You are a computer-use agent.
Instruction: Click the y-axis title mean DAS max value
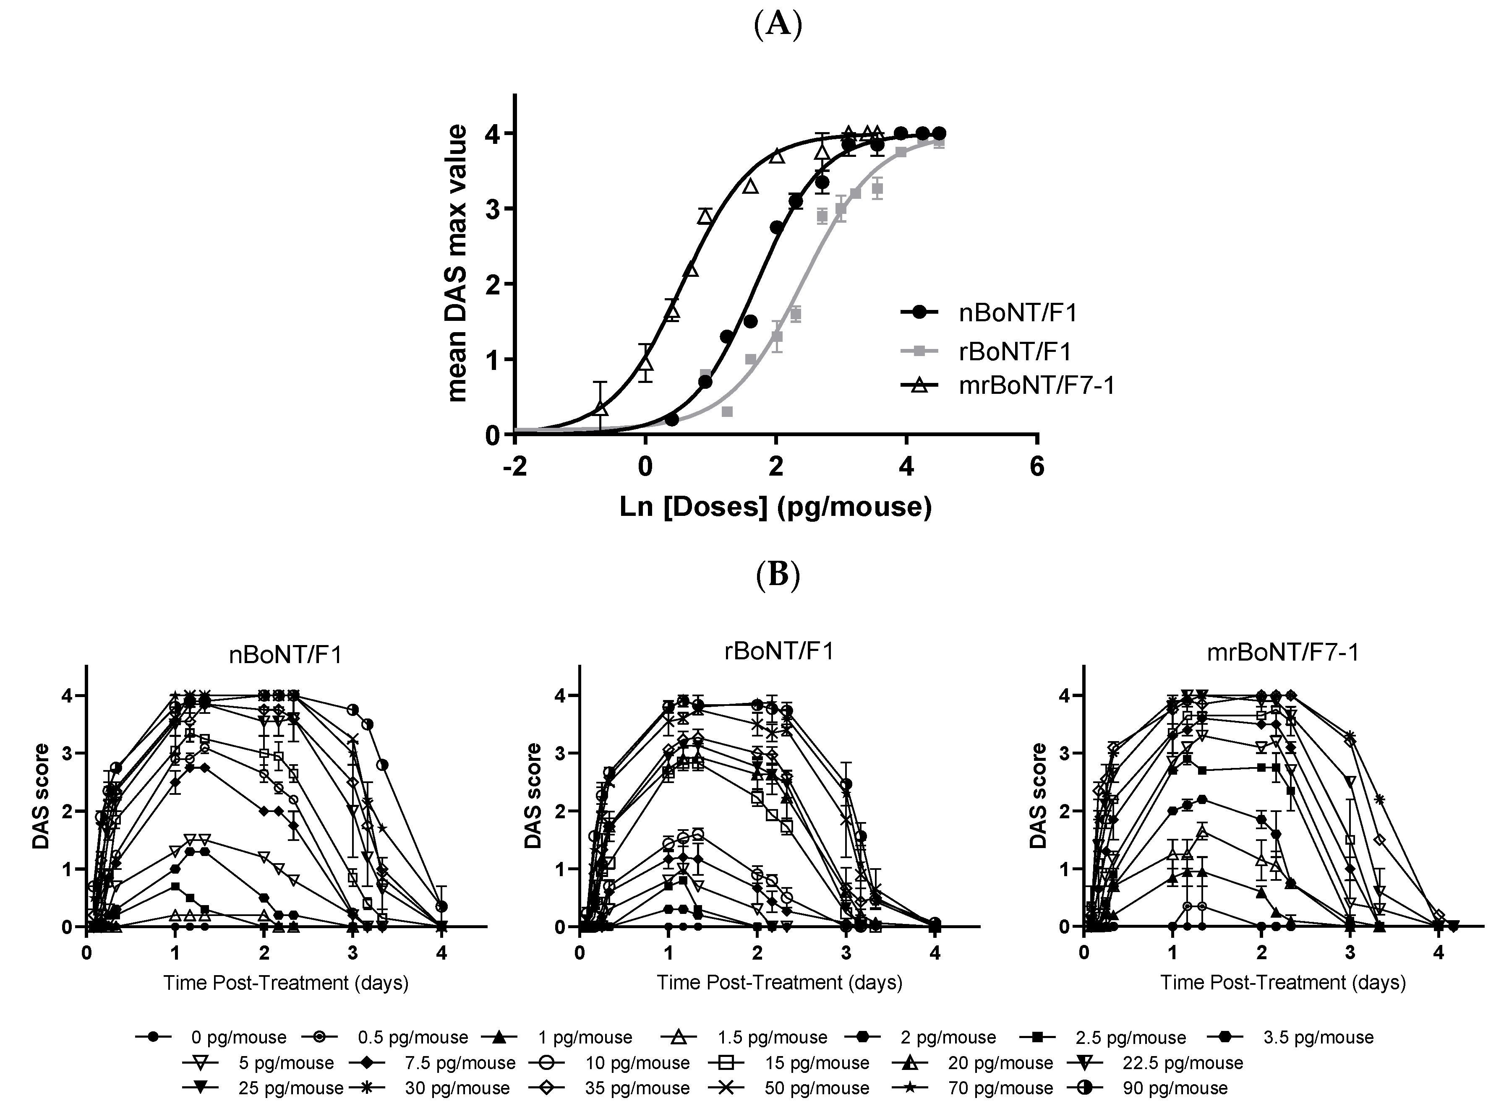457,264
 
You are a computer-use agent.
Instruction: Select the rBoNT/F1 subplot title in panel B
778,651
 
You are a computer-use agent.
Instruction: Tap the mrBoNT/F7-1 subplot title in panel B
1283,653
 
